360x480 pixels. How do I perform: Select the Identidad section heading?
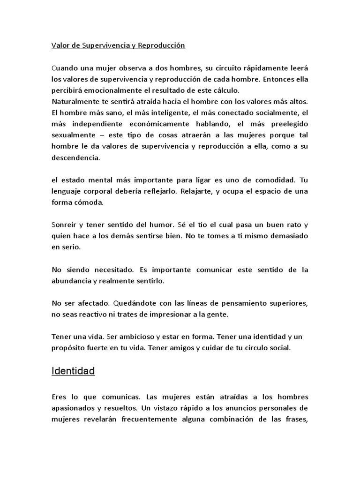tap(73, 371)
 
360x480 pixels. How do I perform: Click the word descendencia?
tap(75, 158)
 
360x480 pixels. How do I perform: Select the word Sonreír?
tap(65, 225)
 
